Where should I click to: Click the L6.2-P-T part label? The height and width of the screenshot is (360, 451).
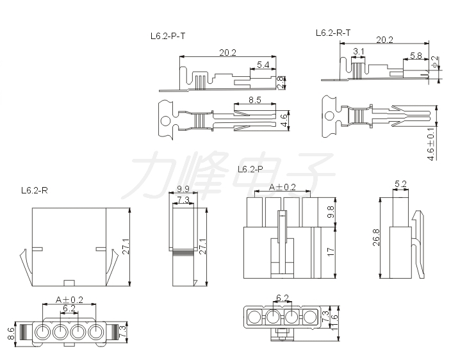click(168, 37)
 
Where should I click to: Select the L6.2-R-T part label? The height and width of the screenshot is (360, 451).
click(333, 33)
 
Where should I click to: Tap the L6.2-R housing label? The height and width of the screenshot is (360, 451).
click(35, 190)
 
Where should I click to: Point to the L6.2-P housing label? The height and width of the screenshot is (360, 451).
click(250, 169)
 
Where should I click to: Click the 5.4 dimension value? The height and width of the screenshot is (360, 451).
click(263, 65)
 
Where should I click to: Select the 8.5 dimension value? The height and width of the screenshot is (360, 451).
click(254, 100)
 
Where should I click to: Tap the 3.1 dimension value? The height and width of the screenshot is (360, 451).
click(358, 51)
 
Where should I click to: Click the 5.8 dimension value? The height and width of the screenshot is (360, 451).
click(416, 56)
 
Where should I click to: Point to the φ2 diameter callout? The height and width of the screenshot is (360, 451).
click(435, 62)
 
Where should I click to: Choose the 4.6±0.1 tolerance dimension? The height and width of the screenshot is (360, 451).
click(430, 143)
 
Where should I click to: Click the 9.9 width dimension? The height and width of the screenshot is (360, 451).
click(183, 189)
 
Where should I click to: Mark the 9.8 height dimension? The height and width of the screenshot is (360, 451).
click(331, 211)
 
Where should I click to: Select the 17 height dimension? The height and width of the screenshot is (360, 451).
click(331, 252)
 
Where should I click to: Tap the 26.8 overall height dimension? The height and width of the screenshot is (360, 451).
click(376, 238)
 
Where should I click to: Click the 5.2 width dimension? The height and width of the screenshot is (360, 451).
click(400, 184)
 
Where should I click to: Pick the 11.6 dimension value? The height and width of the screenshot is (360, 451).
click(334, 322)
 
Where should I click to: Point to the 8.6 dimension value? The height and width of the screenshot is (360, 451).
click(11, 334)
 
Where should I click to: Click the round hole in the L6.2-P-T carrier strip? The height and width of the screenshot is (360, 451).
click(165, 121)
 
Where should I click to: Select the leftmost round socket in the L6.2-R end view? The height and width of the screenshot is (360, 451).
click(42, 332)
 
